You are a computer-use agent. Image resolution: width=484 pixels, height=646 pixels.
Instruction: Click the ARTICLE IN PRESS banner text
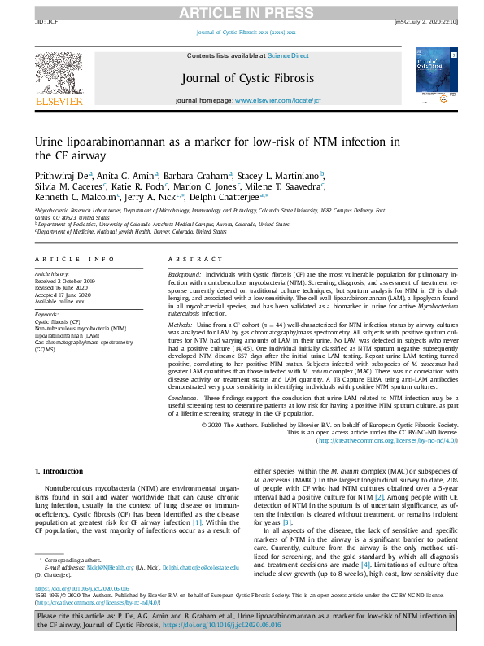pos(242,11)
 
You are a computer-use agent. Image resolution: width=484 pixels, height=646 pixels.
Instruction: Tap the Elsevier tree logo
pos(58,78)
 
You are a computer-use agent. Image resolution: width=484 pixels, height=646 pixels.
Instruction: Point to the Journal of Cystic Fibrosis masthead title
pos(242,77)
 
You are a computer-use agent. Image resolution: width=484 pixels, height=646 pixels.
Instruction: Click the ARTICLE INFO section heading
pos(74,259)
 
